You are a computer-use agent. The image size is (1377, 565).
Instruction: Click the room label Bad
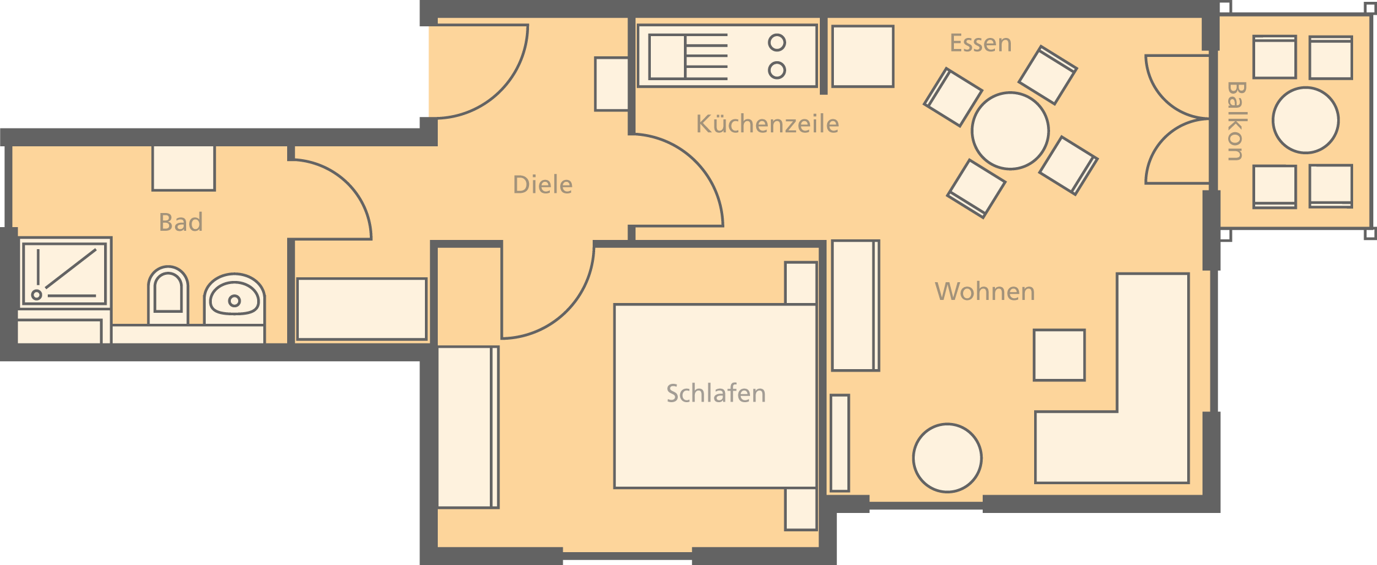coord(181,222)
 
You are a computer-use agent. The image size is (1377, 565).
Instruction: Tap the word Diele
coord(542,185)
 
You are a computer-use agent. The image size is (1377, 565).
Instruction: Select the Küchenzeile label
coord(767,124)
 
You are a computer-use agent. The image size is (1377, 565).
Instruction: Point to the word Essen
coord(980,43)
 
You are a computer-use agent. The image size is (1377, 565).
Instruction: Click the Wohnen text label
coord(985,291)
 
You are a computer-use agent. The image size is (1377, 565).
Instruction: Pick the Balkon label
coord(1236,121)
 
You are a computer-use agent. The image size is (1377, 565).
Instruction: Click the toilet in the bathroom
coord(168,296)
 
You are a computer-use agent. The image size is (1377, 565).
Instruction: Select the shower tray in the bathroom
coord(64,272)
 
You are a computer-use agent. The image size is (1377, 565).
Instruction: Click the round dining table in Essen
coord(1010,130)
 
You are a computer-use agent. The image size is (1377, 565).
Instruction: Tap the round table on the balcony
coord(1305,120)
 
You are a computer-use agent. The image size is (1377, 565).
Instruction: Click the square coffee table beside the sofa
coord(1059,355)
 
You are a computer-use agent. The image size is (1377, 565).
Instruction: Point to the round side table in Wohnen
coord(947,458)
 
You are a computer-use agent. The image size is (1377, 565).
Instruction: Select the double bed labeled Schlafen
coord(715,396)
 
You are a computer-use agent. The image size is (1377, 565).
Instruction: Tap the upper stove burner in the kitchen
coord(777,43)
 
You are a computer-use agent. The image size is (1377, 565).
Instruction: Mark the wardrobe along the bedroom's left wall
coord(468,427)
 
